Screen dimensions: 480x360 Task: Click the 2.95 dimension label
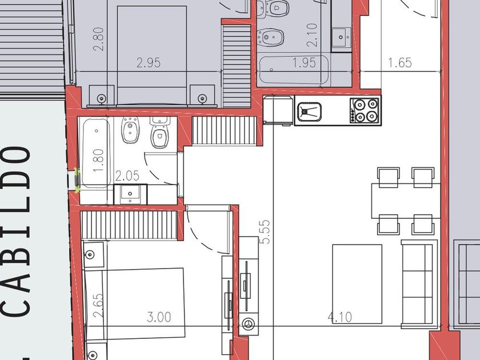point(149,63)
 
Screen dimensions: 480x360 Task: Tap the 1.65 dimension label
point(400,63)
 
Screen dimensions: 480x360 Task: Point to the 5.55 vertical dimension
point(265,232)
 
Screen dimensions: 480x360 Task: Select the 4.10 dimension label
point(340,317)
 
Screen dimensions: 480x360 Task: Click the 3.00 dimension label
point(159,317)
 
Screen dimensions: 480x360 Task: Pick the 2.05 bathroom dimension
point(127,176)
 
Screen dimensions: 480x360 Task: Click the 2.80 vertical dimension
point(98,39)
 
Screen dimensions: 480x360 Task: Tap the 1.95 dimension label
point(304,63)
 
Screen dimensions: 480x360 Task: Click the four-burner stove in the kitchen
point(365,110)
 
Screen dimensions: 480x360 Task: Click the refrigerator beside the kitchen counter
point(278,110)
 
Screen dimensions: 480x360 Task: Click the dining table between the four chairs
point(406,201)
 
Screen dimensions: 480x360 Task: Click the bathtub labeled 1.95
point(294,70)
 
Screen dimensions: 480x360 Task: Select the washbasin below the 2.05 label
point(130,194)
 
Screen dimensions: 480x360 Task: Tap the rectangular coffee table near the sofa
point(357,284)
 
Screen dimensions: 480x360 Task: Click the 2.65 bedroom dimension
point(98,306)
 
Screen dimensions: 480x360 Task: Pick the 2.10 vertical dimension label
point(311,35)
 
